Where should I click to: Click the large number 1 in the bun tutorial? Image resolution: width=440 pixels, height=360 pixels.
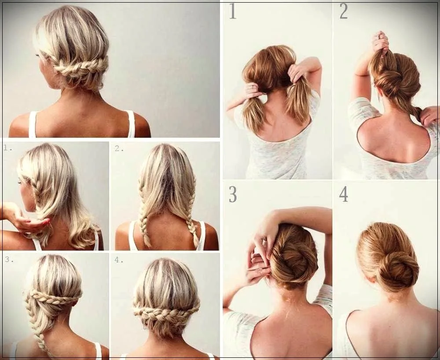[x=232, y=11]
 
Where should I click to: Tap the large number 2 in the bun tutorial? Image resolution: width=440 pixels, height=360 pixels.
[x=343, y=11]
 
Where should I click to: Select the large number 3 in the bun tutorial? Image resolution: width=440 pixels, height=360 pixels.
[x=232, y=195]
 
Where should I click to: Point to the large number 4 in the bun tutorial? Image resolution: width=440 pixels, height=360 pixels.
[x=343, y=195]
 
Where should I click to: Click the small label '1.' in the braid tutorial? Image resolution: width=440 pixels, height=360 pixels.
[x=7, y=148]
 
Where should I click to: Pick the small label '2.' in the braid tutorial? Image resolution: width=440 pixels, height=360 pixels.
[x=119, y=148]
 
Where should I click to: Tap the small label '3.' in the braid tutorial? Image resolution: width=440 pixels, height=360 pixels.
[x=8, y=259]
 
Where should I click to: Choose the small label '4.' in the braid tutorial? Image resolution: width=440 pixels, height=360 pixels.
[x=119, y=259]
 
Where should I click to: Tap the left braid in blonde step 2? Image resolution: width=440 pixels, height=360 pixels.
[x=143, y=220]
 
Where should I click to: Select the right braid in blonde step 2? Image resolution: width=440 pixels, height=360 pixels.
[x=192, y=220]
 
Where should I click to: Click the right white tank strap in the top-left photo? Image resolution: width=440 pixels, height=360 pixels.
[x=131, y=123]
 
